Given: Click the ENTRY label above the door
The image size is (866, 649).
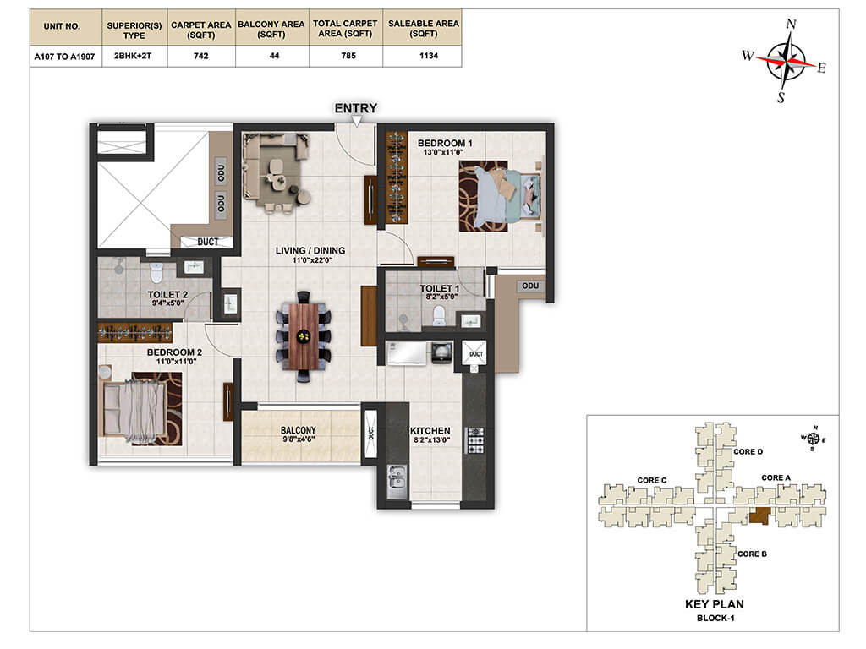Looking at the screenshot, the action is (x=356, y=108).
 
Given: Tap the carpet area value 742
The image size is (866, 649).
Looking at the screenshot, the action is (x=201, y=56).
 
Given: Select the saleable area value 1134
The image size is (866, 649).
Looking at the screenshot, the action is (x=429, y=56).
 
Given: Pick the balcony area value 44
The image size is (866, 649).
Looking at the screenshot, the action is (x=275, y=56).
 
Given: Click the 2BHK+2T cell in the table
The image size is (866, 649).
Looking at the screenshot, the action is (x=133, y=56).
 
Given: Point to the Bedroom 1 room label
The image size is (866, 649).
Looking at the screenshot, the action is (x=445, y=143).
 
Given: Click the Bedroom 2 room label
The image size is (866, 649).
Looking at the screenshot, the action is (x=174, y=352).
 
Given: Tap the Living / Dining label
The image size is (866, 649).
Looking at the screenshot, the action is (x=310, y=250).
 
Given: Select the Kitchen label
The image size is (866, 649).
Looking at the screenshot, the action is (x=430, y=430).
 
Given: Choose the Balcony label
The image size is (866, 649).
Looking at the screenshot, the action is (x=299, y=430).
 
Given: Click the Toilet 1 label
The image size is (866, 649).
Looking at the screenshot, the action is (x=440, y=289).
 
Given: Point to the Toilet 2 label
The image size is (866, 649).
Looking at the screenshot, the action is (x=168, y=295).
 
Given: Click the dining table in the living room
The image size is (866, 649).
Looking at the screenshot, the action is (x=304, y=336).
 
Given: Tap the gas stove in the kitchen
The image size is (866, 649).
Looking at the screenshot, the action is (x=475, y=440).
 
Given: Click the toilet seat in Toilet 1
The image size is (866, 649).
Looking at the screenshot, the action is (x=439, y=316).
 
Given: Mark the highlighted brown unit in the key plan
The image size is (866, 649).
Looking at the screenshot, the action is (x=760, y=516).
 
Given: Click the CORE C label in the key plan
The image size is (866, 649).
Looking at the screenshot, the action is (x=652, y=480).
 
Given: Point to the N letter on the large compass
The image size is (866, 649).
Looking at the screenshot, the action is (x=791, y=24).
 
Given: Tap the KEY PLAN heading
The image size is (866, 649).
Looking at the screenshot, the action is (x=715, y=604).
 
